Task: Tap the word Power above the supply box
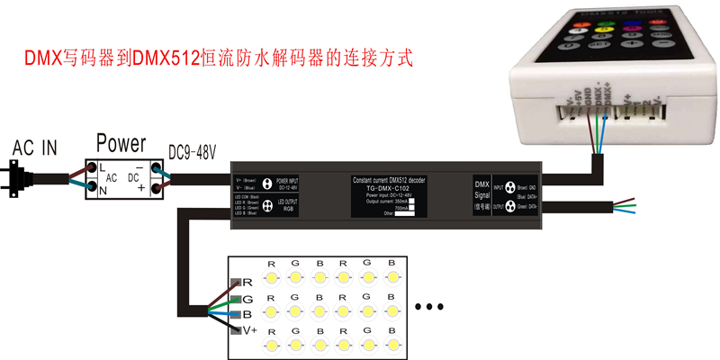click(x=121, y=143)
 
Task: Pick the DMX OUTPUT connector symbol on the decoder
click(x=511, y=206)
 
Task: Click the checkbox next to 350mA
click(x=412, y=201)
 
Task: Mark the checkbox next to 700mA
click(x=412, y=208)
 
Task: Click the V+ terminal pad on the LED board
click(x=236, y=331)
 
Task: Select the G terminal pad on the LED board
click(x=236, y=299)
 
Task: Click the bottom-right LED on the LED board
click(x=391, y=345)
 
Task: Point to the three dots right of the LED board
click(x=435, y=307)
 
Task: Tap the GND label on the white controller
click(x=586, y=97)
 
